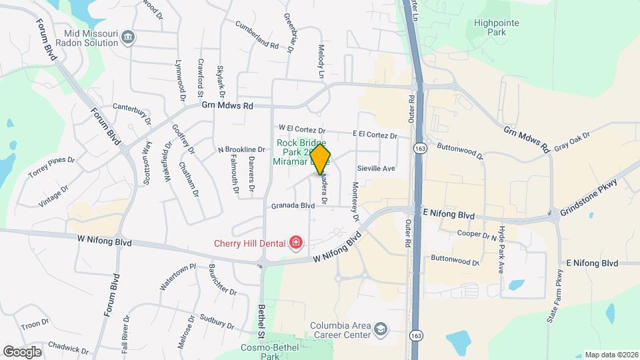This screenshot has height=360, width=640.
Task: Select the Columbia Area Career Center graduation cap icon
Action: [379, 330]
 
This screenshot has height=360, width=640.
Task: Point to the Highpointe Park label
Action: [496, 27]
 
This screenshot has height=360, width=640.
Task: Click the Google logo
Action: [22, 351]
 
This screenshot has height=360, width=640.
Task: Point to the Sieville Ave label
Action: [376, 169]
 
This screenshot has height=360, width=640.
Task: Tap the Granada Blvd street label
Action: [293, 206]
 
